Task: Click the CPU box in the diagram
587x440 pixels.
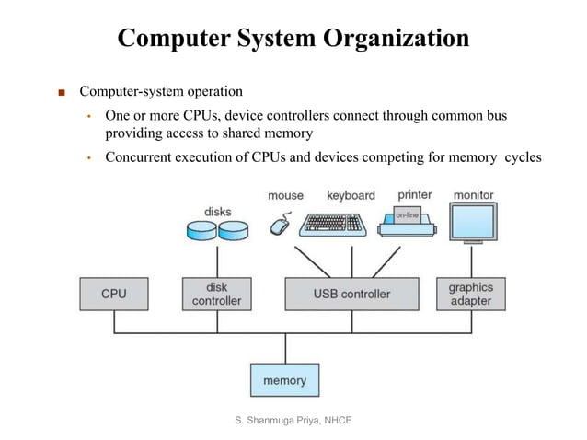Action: [114, 294]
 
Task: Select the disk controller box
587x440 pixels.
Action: [217, 294]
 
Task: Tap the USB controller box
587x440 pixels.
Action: [351, 294]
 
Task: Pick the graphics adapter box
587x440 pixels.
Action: [470, 294]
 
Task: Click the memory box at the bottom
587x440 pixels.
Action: [284, 380]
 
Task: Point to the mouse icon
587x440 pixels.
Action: [280, 224]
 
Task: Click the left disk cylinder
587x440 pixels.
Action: [202, 230]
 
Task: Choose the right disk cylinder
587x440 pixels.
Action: [233, 230]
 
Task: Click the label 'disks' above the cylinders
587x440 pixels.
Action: [218, 212]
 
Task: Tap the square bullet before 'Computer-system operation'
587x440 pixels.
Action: [62, 93]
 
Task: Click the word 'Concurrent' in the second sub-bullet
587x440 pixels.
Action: [140, 156]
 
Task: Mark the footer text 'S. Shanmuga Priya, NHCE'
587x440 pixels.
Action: [293, 421]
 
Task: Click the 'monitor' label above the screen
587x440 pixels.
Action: [473, 195]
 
